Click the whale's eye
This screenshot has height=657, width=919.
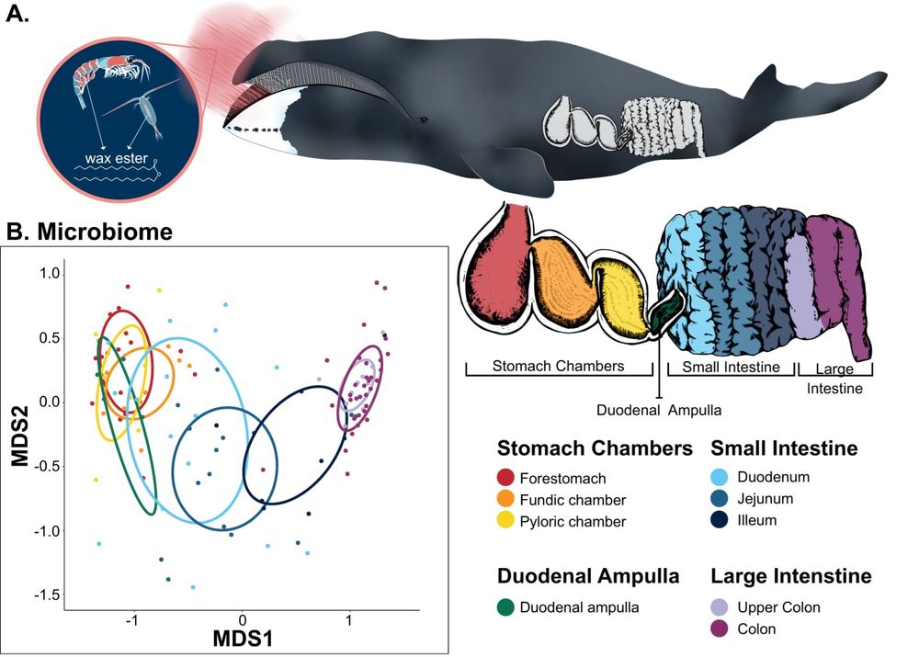point(423,119)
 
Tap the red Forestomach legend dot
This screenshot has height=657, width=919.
point(505,478)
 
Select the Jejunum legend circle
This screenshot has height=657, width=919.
point(720,498)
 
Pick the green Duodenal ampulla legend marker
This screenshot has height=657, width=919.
point(505,607)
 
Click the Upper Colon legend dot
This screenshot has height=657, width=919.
point(720,607)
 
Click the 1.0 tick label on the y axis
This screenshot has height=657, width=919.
point(51,274)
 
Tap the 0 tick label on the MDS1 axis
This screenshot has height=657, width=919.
point(242,620)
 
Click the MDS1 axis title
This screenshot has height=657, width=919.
point(242,639)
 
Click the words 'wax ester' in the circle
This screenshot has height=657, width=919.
point(116,158)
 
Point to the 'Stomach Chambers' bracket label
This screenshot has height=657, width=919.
point(558,366)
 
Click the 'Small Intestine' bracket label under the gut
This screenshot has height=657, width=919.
point(731,367)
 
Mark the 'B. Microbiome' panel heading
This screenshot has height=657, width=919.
point(89,232)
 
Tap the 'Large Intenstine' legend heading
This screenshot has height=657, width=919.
point(790,575)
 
